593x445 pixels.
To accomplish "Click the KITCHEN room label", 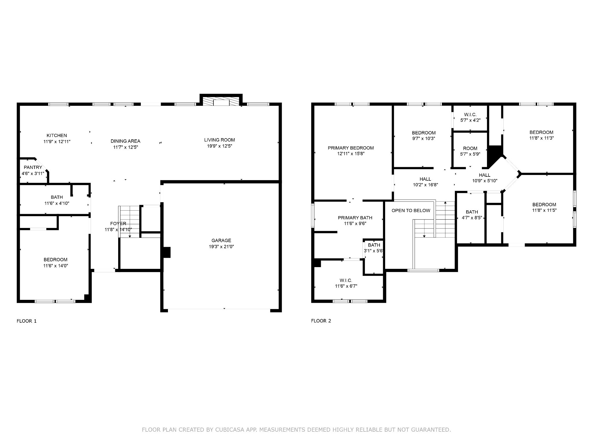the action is coord(57,135).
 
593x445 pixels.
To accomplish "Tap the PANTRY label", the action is coord(33,167).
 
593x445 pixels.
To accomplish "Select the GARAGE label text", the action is coord(221,240).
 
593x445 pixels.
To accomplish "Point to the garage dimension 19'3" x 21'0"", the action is coord(221,247).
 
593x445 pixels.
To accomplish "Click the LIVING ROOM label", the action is coord(219,140).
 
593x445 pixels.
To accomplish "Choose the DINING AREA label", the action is coord(125,141).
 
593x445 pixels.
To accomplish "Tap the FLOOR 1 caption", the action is coord(27,321).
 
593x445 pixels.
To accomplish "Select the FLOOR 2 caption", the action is coord(321,321).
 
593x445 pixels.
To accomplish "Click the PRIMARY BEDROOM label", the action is coord(351,148).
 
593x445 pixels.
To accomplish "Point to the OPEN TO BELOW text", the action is coord(411,211).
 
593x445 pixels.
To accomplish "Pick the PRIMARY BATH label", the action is coord(355,218).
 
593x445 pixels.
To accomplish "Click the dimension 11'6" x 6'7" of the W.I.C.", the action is coord(346,286).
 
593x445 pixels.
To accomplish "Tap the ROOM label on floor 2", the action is coord(470,148).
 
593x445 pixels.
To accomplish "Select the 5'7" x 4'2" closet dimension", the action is coord(470,120).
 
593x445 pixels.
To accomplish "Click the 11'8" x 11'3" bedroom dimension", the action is coord(541,138).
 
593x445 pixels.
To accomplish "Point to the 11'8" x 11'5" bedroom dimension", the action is coord(544,210).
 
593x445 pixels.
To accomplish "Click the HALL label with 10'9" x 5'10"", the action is coord(484,175).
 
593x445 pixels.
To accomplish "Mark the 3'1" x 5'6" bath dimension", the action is coord(374,251).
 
